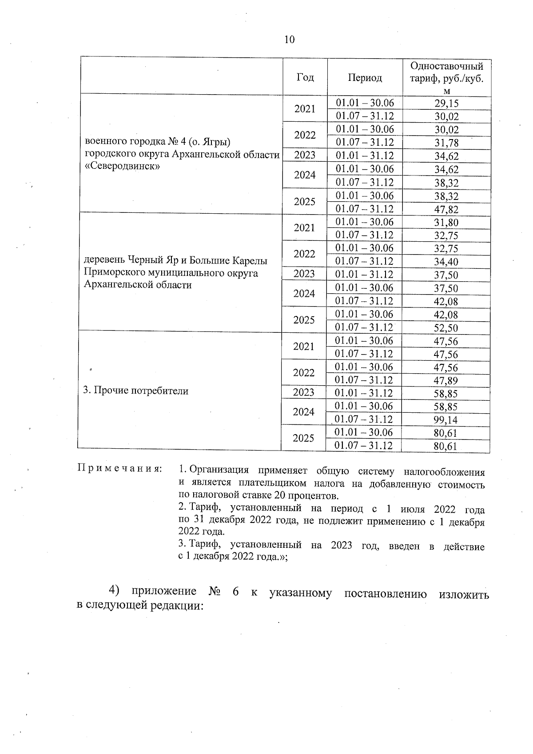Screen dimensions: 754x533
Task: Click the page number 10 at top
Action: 289,40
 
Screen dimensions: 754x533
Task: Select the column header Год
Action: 305,77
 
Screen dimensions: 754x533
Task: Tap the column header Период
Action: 365,78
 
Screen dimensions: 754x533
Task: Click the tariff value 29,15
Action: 446,104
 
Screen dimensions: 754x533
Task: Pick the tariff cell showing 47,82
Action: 446,210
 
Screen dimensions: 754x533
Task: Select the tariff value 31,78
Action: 446,143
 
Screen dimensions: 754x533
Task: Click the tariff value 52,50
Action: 446,328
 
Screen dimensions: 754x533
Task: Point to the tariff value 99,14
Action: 445,420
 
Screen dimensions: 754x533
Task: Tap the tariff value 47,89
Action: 445,380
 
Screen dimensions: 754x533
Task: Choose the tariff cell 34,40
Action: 446,262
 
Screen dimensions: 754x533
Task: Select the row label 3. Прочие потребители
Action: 136,391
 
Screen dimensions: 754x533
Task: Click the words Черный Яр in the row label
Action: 147,260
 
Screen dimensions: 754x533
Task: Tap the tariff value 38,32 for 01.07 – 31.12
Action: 446,183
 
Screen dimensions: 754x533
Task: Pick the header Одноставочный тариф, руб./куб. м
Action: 446,78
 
